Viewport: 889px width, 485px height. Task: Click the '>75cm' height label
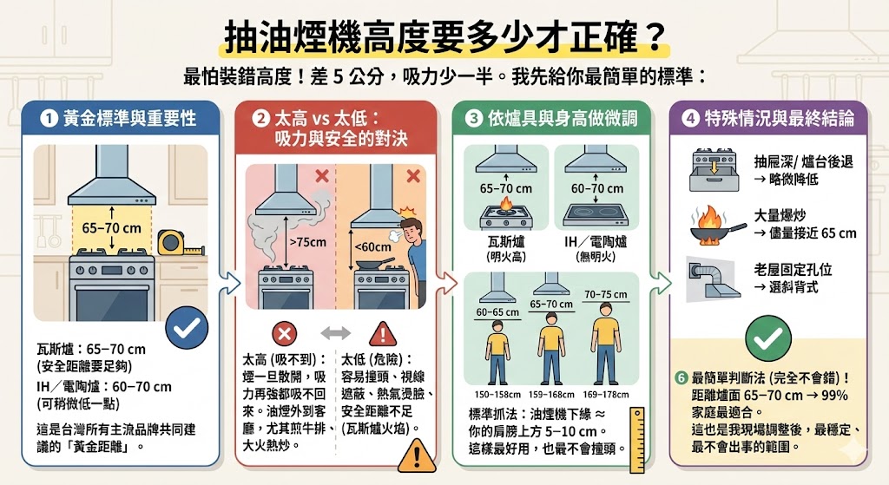[x=304, y=242]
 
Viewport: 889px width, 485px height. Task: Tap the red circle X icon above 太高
[x=285, y=332]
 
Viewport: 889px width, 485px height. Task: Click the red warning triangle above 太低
[x=383, y=333]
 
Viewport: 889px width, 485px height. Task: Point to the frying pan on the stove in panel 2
[x=375, y=263]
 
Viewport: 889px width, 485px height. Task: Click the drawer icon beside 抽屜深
[x=712, y=168]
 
